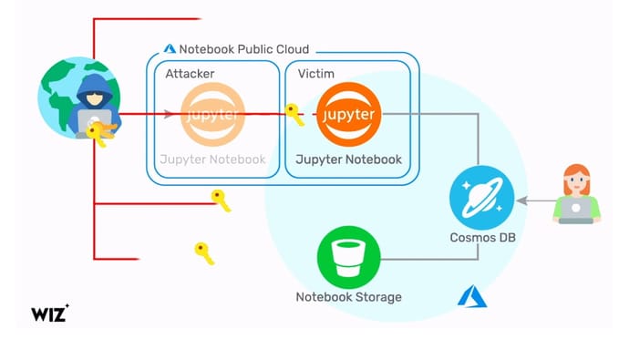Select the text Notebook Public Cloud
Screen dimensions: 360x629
[x=243, y=49]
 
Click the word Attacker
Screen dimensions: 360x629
[x=191, y=72]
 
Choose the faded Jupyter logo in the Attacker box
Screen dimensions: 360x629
[x=213, y=115]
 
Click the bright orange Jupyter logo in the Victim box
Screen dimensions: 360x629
[x=348, y=115]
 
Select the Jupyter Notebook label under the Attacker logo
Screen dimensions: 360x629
[x=213, y=159]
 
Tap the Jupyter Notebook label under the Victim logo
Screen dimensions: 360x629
[x=348, y=159]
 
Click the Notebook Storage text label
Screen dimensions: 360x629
[x=348, y=297]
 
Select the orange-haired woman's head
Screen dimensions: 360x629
[x=576, y=180]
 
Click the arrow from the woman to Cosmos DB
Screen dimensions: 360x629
[x=533, y=199]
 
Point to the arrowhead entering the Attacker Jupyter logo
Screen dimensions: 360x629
[x=170, y=115]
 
